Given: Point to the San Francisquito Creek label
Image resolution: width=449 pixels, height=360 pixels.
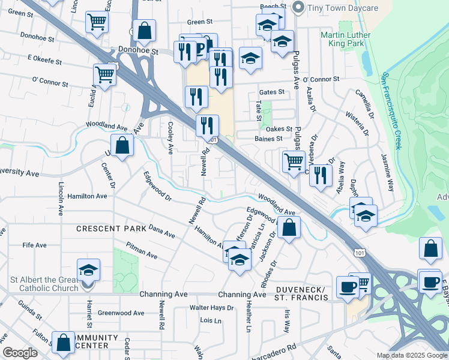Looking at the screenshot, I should (393, 112).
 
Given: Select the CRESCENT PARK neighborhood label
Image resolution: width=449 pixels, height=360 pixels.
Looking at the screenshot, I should (111, 229).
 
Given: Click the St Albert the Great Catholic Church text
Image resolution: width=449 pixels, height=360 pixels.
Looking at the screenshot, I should (43, 284).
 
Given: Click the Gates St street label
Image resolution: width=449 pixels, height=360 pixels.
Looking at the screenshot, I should (271, 92).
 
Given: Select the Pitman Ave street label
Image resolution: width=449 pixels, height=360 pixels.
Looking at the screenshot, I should (141, 251).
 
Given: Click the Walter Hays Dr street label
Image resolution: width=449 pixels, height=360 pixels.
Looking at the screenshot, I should (211, 308).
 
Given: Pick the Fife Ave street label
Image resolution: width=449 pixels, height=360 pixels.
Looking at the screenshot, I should (34, 245).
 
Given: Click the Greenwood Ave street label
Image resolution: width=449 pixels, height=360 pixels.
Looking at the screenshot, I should (121, 313).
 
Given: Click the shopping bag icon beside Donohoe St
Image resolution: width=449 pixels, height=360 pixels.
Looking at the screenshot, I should (144, 31).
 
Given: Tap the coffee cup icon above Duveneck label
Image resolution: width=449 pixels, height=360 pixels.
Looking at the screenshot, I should (348, 287).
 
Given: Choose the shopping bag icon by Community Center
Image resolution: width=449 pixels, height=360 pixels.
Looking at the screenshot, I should (63, 343).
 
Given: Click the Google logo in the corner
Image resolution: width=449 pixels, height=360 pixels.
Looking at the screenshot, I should (20, 353).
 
